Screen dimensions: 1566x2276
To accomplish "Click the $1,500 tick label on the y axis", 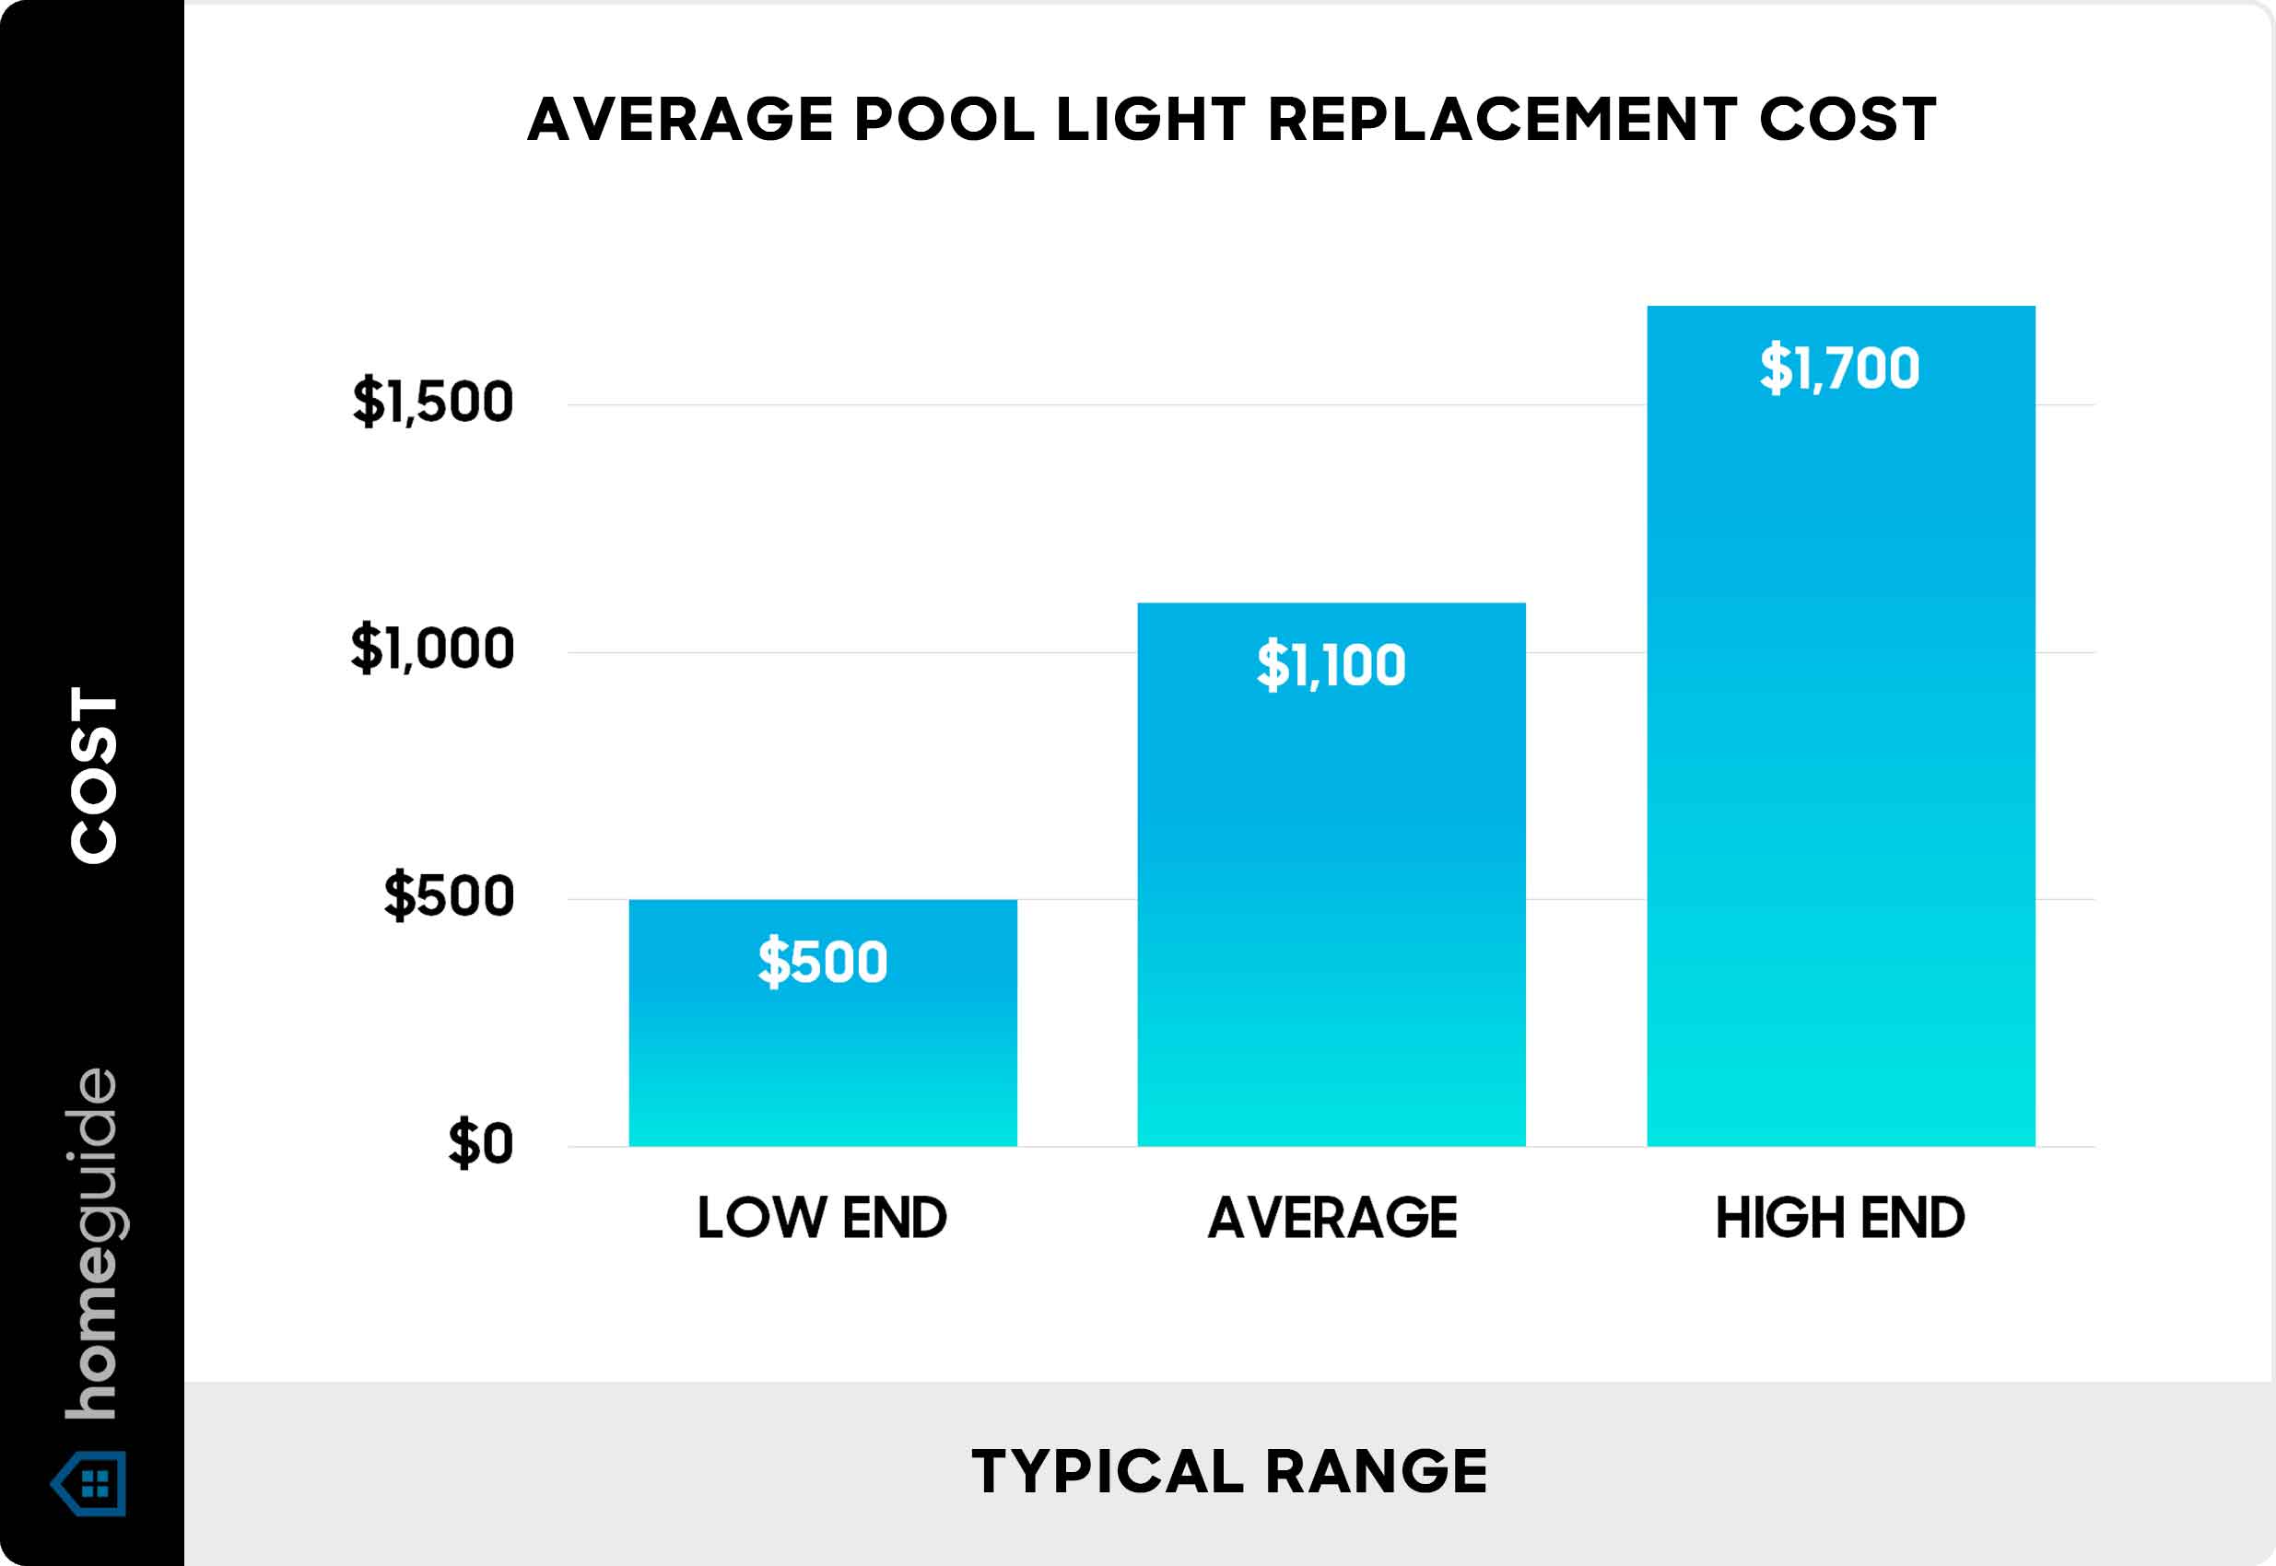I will [x=433, y=402].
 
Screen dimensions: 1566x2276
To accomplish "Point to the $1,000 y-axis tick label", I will [x=433, y=649].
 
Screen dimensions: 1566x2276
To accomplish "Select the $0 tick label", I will [x=481, y=1144].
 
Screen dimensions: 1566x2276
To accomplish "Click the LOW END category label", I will [x=823, y=1218].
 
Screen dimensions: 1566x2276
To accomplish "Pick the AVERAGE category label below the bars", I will [x=1332, y=1218].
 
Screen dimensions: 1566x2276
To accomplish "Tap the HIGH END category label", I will [x=1840, y=1218].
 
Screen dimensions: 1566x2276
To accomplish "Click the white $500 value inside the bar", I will [x=823, y=962].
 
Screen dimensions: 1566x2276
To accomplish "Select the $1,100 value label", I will [x=1331, y=665].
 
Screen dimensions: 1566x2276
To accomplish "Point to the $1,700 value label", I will [x=1839, y=368].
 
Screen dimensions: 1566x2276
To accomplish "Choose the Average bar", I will [x=1331, y=883].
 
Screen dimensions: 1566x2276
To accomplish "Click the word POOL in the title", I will [x=944, y=120].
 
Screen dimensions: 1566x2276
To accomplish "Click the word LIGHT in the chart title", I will [x=1150, y=120].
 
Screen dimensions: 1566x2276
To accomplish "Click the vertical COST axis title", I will [x=94, y=775].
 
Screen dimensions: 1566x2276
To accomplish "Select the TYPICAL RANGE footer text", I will [x=1230, y=1472].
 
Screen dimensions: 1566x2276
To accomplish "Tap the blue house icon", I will [x=89, y=1482].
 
